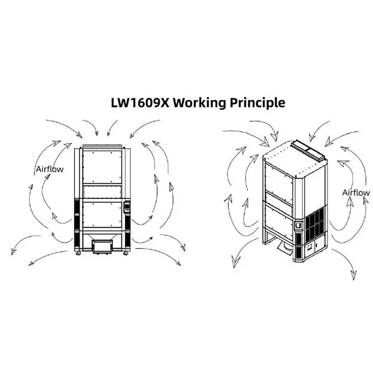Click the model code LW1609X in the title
click(x=140, y=103)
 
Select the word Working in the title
click(x=200, y=103)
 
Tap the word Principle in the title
click(x=257, y=103)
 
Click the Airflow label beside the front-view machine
click(x=50, y=169)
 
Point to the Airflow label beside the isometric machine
click(x=356, y=193)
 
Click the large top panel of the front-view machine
click(x=103, y=167)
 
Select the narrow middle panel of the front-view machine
click(x=103, y=192)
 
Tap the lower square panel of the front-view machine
click(x=103, y=214)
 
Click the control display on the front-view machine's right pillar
click(x=127, y=207)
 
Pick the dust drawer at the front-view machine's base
click(x=103, y=246)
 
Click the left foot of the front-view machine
click(x=78, y=254)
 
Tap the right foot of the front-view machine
click(x=126, y=254)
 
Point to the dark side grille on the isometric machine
click(x=315, y=224)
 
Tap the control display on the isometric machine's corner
click(x=298, y=225)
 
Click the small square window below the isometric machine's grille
click(x=310, y=247)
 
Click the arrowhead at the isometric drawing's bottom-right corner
click(x=354, y=275)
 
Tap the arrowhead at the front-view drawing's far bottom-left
click(x=14, y=251)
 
